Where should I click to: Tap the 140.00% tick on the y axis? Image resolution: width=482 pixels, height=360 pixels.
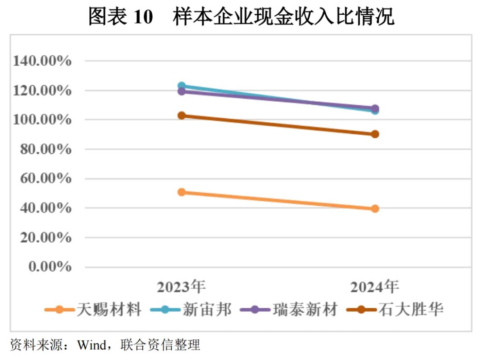42,61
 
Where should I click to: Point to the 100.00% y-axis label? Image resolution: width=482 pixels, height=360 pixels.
42,120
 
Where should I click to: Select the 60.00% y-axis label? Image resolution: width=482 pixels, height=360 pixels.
45,179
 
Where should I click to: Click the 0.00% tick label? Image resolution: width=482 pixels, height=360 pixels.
49,267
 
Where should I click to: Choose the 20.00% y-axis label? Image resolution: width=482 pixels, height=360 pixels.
45,238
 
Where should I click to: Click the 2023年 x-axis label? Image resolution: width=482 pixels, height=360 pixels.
181,286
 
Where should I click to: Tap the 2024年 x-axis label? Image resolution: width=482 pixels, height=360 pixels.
374,286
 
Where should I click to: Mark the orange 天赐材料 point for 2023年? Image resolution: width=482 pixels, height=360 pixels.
181,192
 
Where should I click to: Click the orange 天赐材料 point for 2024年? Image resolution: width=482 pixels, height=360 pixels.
375,209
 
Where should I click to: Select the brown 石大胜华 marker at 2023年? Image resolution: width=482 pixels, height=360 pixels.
181,116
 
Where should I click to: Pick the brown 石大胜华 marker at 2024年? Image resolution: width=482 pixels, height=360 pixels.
375,134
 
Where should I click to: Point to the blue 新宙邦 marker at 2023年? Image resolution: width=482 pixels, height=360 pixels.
181,86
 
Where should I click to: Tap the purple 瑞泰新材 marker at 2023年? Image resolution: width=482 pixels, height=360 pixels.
181,91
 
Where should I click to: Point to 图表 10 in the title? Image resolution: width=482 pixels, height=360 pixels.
120,17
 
